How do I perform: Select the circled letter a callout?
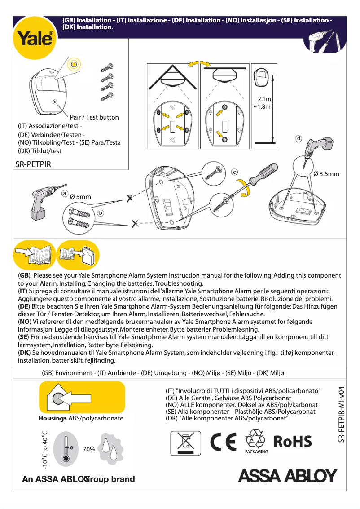(65, 193)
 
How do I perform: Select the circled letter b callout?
(101, 212)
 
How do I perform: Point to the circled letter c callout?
(234, 172)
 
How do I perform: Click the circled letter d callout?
(299, 137)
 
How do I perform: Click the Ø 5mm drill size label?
(81, 197)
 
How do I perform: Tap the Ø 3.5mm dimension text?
(326, 174)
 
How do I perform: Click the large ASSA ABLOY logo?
(287, 476)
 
